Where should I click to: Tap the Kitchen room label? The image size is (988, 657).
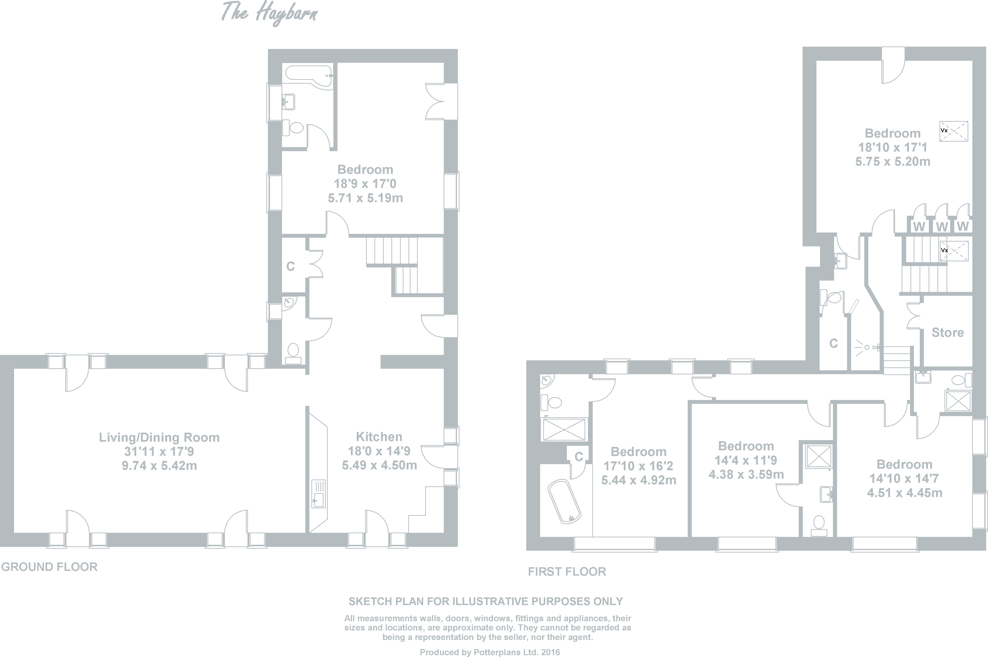pos(379,437)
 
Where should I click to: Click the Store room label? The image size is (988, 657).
pos(948,333)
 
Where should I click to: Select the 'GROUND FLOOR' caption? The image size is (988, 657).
pos(49,567)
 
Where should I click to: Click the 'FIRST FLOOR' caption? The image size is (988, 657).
pos(567,572)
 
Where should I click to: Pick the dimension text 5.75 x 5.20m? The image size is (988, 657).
pos(893,162)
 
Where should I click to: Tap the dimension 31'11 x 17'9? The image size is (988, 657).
pos(159,452)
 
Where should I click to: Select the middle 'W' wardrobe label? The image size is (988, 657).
pos(942,227)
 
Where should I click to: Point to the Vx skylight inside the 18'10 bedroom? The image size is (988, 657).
pos(954,131)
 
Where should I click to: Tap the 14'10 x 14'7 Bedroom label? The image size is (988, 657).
pos(905,465)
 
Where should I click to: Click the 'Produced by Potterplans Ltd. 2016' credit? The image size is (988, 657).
pos(490,652)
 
